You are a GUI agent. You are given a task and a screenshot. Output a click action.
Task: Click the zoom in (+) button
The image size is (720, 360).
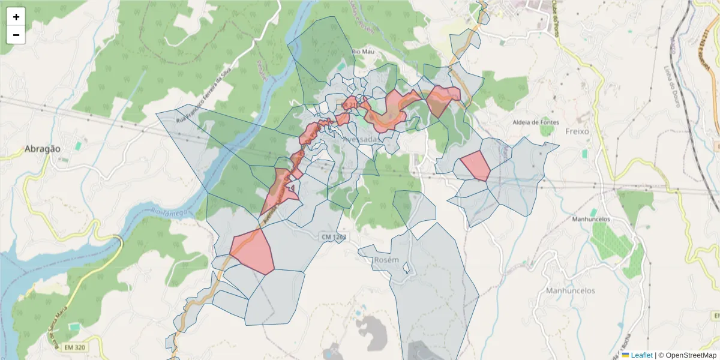[16, 17]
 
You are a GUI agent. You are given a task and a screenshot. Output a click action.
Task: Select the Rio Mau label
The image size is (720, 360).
[363, 52]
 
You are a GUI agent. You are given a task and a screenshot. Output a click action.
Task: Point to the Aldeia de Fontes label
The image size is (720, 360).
[535, 122]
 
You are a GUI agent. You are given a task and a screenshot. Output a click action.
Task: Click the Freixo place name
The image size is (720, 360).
[578, 131]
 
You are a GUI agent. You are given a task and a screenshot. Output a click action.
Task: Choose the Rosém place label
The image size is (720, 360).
[386, 260]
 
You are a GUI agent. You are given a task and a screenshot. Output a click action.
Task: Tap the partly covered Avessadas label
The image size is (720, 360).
[361, 139]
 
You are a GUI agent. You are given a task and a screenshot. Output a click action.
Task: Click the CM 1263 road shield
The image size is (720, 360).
[334, 238]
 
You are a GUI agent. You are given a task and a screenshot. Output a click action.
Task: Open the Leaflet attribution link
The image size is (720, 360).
[641, 355]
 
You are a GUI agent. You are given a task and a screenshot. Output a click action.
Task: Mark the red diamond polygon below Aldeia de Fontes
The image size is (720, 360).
[475, 166]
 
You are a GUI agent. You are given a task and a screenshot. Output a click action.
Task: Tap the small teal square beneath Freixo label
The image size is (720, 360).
[584, 154]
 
